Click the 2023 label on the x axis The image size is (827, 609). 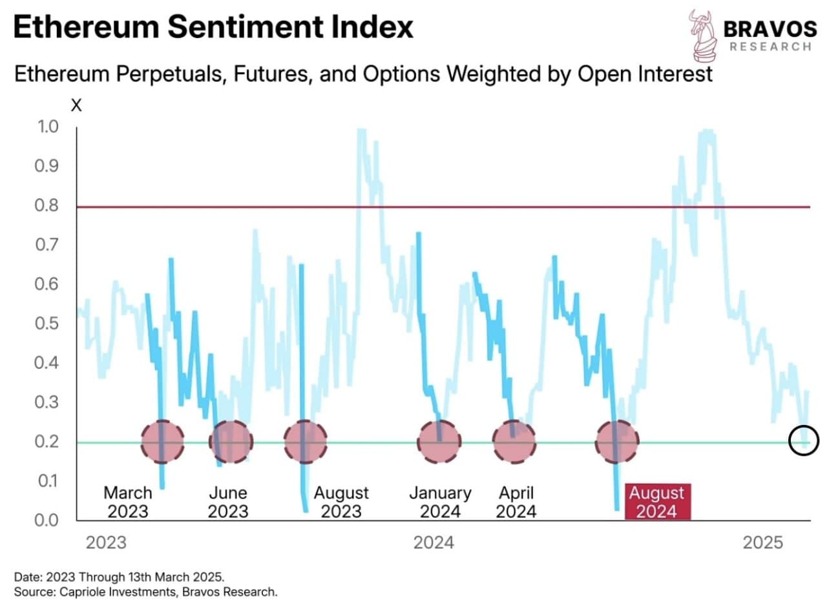coord(106,542)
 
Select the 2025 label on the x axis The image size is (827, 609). coord(763,542)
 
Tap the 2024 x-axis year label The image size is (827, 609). coord(434,542)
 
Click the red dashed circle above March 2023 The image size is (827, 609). coord(162,442)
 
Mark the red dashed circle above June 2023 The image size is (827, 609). coord(231,442)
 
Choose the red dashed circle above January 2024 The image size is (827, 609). coord(439,442)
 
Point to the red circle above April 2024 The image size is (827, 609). coord(514,442)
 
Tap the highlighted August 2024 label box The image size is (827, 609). coord(656,502)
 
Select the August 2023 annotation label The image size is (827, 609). coord(341,502)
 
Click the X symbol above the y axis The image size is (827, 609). coord(76,105)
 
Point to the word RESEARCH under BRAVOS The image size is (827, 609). coord(770,46)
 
